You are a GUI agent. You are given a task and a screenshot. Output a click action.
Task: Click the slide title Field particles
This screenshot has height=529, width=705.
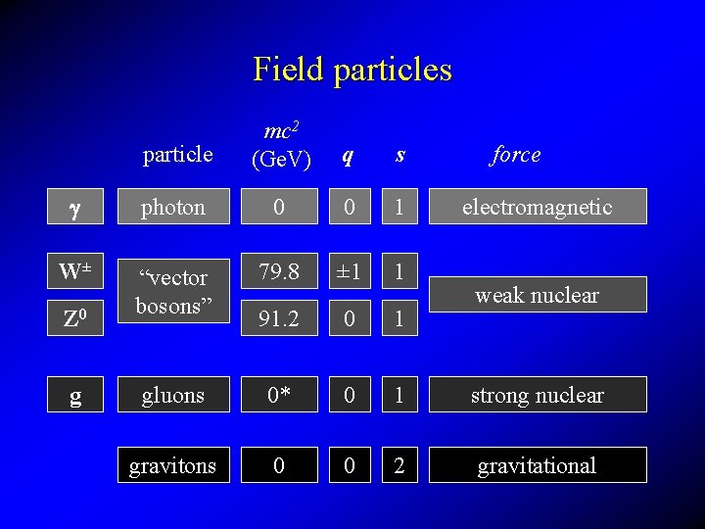352,70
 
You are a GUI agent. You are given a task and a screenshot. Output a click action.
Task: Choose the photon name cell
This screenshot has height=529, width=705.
173,207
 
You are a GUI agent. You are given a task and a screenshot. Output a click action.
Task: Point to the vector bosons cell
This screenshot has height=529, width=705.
173,292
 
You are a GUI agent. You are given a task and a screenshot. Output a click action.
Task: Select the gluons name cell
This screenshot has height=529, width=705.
173,395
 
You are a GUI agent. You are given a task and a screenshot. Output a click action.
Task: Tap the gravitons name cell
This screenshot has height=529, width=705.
173,465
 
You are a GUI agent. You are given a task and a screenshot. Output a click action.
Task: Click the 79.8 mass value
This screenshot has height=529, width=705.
279,271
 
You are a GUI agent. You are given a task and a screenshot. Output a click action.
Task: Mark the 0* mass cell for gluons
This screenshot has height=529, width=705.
279,395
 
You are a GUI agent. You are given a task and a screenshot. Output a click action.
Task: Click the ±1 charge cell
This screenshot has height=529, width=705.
350,271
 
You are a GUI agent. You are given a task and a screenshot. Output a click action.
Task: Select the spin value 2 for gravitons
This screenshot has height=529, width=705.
399,465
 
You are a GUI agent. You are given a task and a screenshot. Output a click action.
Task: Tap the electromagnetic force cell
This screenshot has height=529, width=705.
538,207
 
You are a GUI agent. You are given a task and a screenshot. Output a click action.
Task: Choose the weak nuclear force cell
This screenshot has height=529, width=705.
538,295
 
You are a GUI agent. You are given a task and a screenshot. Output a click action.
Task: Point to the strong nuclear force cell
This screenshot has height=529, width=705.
538,395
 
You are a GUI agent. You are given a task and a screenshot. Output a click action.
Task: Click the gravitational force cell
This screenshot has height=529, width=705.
538,465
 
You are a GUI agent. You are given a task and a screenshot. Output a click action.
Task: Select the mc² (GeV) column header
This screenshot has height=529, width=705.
281,144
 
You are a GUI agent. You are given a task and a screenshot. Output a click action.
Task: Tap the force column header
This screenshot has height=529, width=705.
516,154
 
